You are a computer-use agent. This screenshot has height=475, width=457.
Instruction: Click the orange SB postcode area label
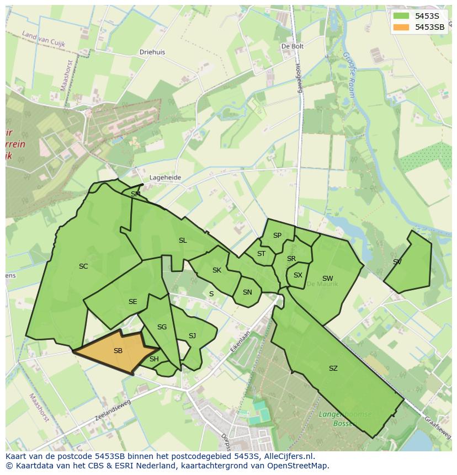tap(118, 351)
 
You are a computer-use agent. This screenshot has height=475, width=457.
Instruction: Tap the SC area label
tap(83, 266)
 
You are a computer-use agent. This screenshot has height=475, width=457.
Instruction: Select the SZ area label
tap(333, 369)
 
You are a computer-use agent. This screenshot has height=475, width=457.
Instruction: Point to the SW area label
tap(327, 279)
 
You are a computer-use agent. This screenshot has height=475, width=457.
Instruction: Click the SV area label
tap(397, 262)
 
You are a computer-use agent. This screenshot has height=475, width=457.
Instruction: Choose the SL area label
tap(183, 241)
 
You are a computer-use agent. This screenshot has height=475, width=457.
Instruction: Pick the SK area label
tap(217, 270)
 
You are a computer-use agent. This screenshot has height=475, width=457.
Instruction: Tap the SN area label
tap(247, 292)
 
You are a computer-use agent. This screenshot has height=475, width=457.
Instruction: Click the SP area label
tap(277, 236)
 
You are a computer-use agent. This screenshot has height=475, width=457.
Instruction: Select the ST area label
tap(261, 254)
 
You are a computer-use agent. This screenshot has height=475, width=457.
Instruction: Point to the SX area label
tap(298, 275)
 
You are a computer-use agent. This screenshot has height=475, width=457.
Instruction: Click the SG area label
tap(162, 327)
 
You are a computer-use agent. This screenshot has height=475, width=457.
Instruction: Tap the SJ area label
tap(192, 336)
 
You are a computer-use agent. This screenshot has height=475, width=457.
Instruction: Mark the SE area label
tap(132, 302)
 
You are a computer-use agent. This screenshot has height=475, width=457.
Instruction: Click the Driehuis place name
tap(152, 52)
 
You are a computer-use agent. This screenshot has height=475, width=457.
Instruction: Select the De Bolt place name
tap(293, 47)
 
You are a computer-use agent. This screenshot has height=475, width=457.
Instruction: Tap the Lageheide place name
tap(165, 178)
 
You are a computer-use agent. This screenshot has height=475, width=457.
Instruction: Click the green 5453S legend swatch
tap(401, 16)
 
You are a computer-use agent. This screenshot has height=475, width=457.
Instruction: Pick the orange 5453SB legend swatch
tap(401, 27)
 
